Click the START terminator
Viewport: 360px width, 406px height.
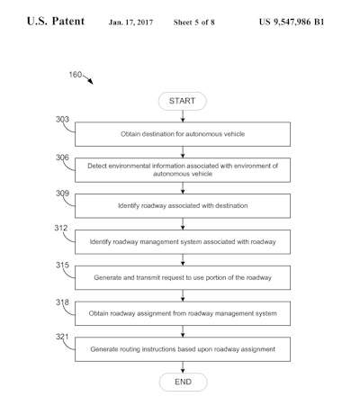[x=183, y=101]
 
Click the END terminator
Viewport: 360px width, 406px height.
[x=183, y=383]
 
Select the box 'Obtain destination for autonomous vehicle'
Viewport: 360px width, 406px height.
[x=183, y=133]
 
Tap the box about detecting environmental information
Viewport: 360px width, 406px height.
[x=183, y=169]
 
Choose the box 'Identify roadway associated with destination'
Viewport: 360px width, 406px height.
[x=183, y=206]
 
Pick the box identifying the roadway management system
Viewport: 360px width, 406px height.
[x=183, y=242]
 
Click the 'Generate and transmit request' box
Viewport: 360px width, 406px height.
[x=183, y=277]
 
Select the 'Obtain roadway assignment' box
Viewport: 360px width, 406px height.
[x=183, y=313]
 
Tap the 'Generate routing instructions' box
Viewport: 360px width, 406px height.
[x=183, y=348]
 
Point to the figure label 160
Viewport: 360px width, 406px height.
[x=76, y=76]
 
